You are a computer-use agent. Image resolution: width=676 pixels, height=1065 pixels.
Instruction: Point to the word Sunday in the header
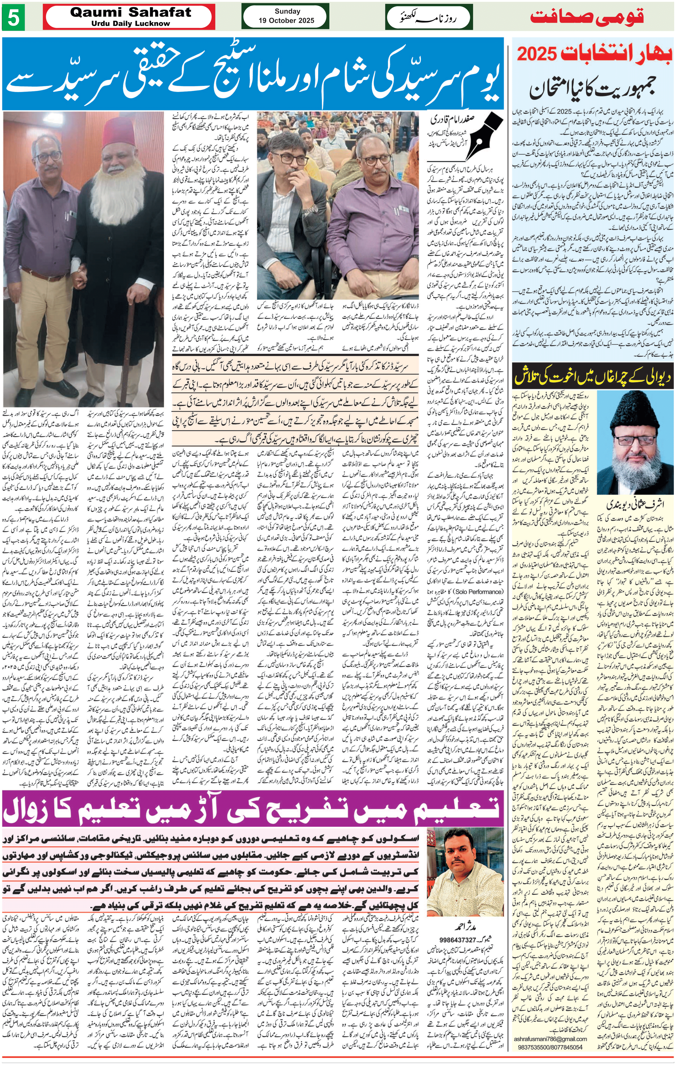(287, 11)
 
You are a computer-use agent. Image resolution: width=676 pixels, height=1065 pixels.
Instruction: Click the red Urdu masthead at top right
(587, 17)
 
